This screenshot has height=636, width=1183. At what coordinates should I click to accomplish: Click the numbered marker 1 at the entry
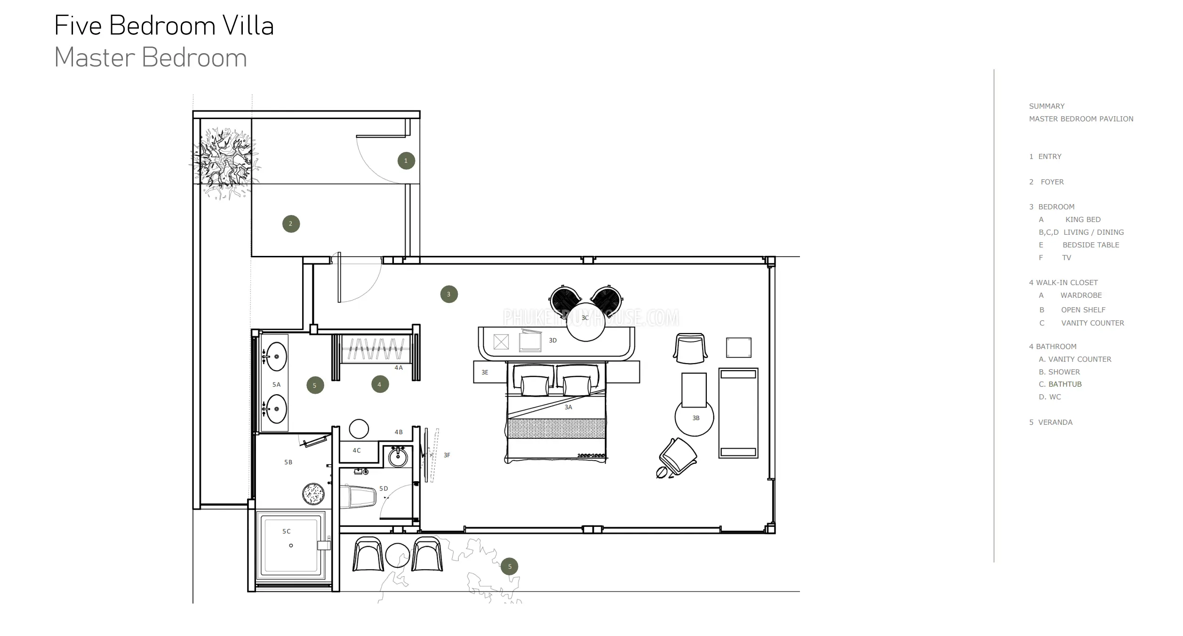click(x=406, y=161)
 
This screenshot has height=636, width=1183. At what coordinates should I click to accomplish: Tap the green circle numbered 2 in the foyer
click(x=291, y=224)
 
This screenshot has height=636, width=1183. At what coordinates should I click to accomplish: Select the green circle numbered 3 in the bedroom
click(x=449, y=294)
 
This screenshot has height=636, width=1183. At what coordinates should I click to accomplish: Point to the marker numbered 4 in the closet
click(x=380, y=384)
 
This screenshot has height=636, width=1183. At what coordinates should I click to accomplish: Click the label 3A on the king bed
click(x=568, y=407)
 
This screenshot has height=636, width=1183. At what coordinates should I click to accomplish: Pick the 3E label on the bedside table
click(x=485, y=373)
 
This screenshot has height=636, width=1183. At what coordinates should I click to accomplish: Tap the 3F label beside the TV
click(x=447, y=455)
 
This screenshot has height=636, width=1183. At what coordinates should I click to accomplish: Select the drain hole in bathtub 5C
click(x=291, y=546)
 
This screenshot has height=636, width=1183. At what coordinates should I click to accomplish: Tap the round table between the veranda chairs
click(x=398, y=555)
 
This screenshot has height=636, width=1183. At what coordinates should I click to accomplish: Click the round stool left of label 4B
click(x=359, y=429)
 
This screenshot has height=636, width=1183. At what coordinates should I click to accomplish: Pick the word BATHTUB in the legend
click(x=1065, y=384)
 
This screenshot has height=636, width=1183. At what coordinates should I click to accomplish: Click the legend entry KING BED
click(x=1083, y=220)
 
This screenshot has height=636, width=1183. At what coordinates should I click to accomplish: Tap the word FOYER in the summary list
click(x=1052, y=182)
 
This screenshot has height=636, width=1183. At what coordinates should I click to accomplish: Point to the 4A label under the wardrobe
click(x=399, y=368)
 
